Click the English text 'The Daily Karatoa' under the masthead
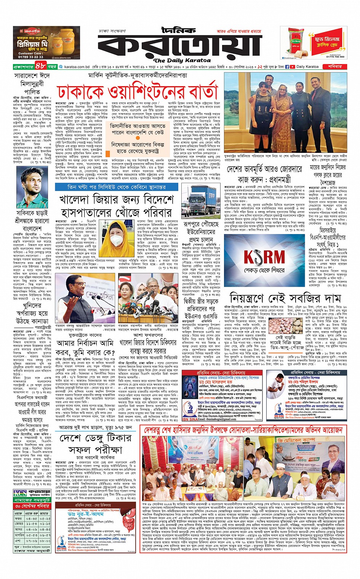(182, 60)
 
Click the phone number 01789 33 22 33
(31, 57)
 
